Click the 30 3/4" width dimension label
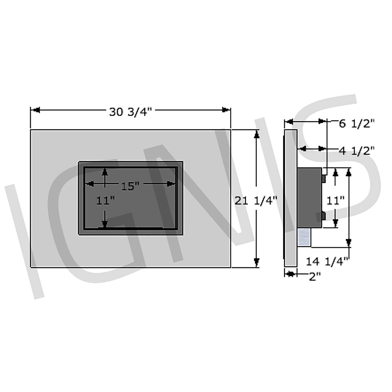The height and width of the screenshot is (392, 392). pyautogui.click(x=131, y=112)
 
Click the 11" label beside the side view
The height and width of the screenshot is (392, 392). pyautogui.click(x=336, y=200)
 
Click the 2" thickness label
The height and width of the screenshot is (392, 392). pyautogui.click(x=314, y=277)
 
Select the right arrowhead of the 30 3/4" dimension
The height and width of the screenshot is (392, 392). pyautogui.click(x=225, y=110)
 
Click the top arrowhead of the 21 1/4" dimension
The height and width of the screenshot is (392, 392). pyautogui.click(x=257, y=134)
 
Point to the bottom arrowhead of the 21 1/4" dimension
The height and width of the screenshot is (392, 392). pyautogui.click(x=257, y=262)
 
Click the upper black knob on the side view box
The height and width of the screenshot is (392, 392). pyautogui.click(x=323, y=178)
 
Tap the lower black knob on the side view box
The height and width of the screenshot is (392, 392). pyautogui.click(x=323, y=216)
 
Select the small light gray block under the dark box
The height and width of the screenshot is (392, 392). pyautogui.click(x=304, y=237)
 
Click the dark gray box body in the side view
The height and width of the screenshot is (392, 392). pyautogui.click(x=309, y=198)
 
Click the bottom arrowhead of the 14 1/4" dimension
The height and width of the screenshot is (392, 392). pyautogui.click(x=349, y=242)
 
